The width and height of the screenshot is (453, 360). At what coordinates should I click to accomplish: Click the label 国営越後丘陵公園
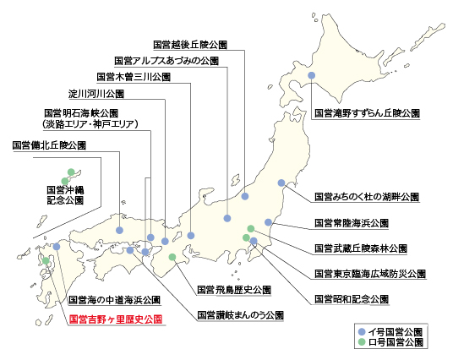pyautogui.click(x=190, y=45)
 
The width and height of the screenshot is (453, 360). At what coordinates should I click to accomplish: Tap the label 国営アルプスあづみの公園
pyautogui.click(x=166, y=61)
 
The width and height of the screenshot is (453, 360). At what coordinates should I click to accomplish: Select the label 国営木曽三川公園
pyautogui.click(x=134, y=77)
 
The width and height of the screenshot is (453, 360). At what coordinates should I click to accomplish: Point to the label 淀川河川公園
pyautogui.click(x=96, y=94)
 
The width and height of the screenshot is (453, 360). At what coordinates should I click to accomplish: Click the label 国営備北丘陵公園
pyautogui.click(x=49, y=145)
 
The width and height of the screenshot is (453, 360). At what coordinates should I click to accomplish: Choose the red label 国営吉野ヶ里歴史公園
pyautogui.click(x=116, y=319)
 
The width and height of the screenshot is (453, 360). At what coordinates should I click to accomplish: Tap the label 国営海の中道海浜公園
pyautogui.click(x=114, y=300)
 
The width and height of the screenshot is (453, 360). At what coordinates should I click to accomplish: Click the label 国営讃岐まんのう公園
pyautogui.click(x=240, y=315)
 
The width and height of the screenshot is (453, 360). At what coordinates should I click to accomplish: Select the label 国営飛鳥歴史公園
pyautogui.click(x=234, y=290)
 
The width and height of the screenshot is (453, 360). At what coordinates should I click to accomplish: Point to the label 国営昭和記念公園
pyautogui.click(x=352, y=299)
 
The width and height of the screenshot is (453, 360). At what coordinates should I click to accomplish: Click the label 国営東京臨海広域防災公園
pyautogui.click(x=370, y=274)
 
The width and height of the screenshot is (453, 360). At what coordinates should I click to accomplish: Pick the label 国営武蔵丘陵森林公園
pyautogui.click(x=361, y=248)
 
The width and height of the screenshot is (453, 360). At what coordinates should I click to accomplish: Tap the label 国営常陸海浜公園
pyautogui.click(x=352, y=223)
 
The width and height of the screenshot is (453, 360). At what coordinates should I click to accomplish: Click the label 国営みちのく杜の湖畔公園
pyautogui.click(x=367, y=197)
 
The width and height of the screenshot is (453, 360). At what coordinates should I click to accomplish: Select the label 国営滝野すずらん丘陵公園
pyautogui.click(x=367, y=113)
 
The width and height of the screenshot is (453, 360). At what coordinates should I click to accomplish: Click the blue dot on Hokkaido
pyautogui.click(x=311, y=75)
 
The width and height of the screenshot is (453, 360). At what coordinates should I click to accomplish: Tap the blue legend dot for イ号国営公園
pyautogui.click(x=362, y=332)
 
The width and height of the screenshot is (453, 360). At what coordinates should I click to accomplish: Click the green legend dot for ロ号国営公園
pyautogui.click(x=362, y=342)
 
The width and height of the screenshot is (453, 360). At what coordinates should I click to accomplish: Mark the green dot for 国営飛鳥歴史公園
pyautogui.click(x=172, y=257)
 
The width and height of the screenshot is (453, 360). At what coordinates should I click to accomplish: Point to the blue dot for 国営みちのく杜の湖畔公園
pyautogui.click(x=281, y=183)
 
